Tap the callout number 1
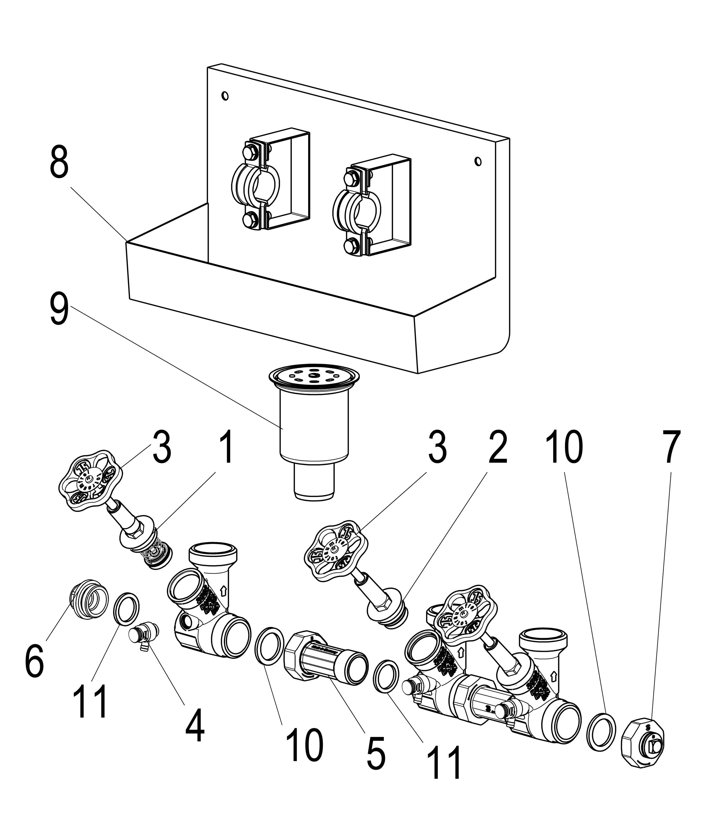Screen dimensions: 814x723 point(226,451)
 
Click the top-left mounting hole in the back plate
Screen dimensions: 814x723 point(225,96)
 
